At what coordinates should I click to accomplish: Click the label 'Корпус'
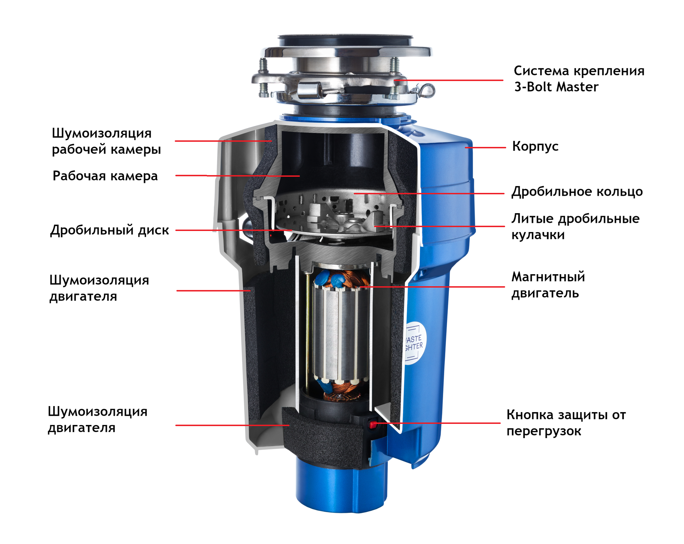[535, 147]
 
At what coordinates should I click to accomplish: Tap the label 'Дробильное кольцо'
[577, 192]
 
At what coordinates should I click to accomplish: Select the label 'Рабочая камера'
[105, 176]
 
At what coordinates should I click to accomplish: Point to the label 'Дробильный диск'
[109, 230]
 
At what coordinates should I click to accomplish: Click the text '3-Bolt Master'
[556, 87]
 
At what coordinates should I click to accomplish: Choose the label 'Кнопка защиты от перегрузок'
[566, 423]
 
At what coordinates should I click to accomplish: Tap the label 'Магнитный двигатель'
[548, 285]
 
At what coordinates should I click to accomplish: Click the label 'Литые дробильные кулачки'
[575, 226]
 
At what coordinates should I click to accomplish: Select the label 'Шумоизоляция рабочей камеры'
[106, 141]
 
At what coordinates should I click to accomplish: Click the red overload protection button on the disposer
[373, 424]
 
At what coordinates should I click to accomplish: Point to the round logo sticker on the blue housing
[415, 343]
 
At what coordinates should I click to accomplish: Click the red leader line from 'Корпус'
[485, 147]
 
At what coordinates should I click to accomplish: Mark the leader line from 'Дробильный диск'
[234, 230]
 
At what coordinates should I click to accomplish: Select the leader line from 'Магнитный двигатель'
[432, 287]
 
